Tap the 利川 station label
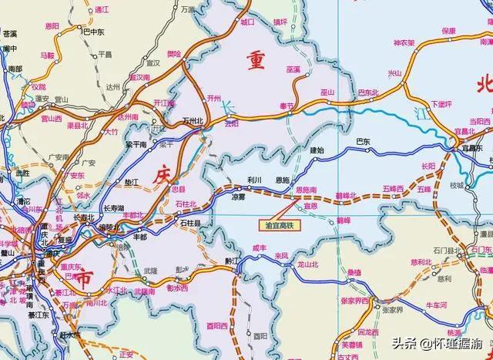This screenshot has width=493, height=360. point(254,179)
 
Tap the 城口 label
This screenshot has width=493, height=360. point(246,23)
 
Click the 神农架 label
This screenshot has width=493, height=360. point(404,42)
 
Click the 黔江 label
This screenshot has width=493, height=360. point(232,261)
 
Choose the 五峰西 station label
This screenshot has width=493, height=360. point(393,189)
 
